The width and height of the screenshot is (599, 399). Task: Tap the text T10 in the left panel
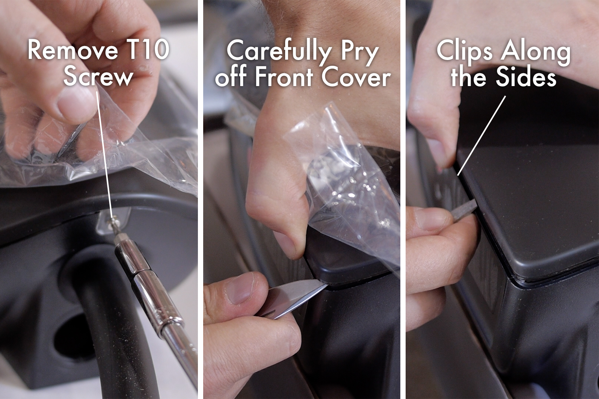[x=148, y=51]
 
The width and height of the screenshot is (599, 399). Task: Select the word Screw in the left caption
[x=98, y=77]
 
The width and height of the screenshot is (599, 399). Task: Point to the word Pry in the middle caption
[x=359, y=53]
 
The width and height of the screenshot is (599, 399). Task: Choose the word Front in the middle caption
[x=285, y=77]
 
